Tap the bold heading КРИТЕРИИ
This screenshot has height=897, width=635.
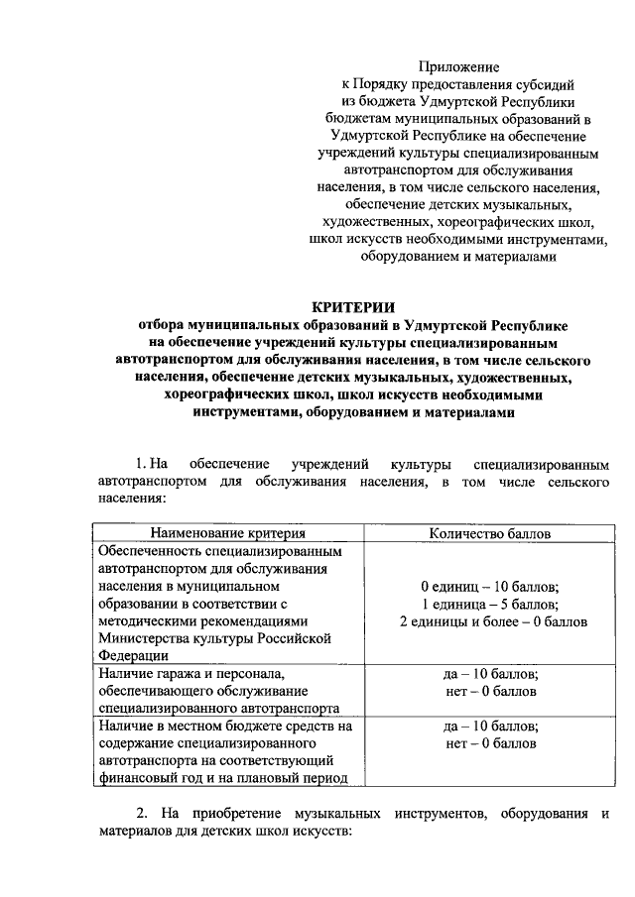tap(354, 306)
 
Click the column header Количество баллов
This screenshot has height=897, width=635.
tap(490, 533)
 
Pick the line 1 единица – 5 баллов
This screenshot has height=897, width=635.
tap(490, 604)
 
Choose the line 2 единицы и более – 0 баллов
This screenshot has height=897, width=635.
tap(490, 621)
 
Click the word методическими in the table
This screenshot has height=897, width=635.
tap(145, 620)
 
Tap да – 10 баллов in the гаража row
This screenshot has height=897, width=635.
tap(490, 673)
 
